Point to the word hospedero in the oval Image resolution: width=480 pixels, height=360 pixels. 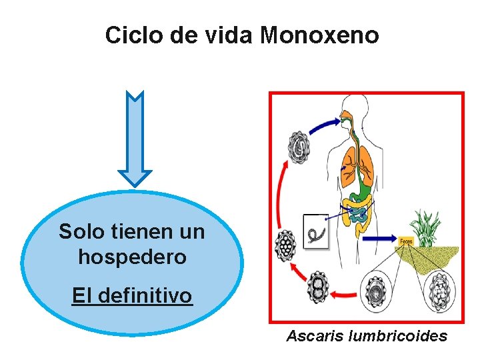coord(132,257)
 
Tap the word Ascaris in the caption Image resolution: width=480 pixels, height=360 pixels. coord(314,336)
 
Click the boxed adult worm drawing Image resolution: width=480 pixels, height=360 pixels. coord(315,231)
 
